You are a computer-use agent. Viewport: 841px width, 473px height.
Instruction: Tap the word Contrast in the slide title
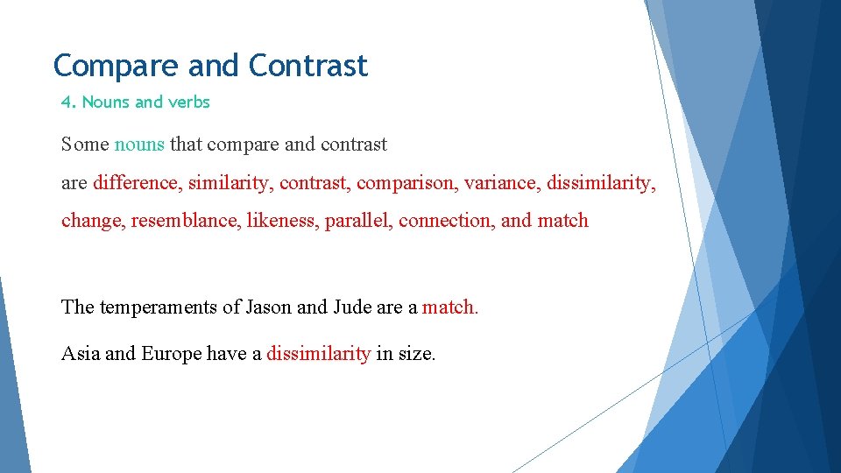[307, 66]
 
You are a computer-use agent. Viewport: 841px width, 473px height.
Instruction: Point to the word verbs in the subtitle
[189, 102]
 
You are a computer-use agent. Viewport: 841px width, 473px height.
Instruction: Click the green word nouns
[139, 144]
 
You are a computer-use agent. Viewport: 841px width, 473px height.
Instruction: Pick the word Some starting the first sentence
[85, 144]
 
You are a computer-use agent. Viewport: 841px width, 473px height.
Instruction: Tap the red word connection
[446, 221]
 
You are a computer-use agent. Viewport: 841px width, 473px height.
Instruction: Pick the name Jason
[269, 307]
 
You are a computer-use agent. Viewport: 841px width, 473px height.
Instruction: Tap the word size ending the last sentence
[417, 354]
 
